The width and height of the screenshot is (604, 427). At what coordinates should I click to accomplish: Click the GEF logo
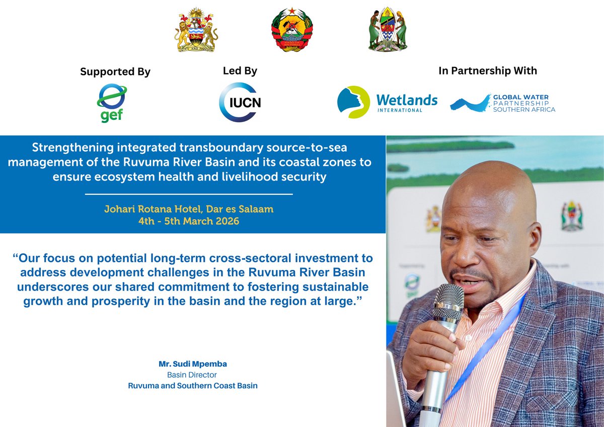(x=111, y=103)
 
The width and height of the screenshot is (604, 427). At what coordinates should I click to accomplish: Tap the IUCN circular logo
(x=240, y=102)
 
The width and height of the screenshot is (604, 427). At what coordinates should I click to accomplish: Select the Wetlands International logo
(x=387, y=102)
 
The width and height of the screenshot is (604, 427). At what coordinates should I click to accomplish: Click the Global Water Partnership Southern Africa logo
(x=502, y=103)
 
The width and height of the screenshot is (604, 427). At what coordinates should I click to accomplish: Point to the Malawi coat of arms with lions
(x=197, y=30)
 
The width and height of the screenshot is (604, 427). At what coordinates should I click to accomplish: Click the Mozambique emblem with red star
(x=292, y=30)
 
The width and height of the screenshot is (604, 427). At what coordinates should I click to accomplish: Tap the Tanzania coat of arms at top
(x=387, y=29)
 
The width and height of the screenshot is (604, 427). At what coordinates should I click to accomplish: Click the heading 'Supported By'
(x=115, y=72)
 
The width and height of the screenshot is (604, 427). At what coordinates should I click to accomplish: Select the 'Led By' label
(x=240, y=71)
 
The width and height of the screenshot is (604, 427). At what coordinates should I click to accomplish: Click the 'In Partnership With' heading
(x=488, y=70)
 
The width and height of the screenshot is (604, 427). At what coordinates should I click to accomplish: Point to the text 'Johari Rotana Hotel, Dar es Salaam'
(x=189, y=209)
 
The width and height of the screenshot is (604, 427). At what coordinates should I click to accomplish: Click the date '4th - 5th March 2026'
(x=189, y=221)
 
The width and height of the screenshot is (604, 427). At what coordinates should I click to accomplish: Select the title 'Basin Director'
(x=192, y=375)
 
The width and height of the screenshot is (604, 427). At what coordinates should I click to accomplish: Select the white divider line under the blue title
(x=189, y=194)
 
